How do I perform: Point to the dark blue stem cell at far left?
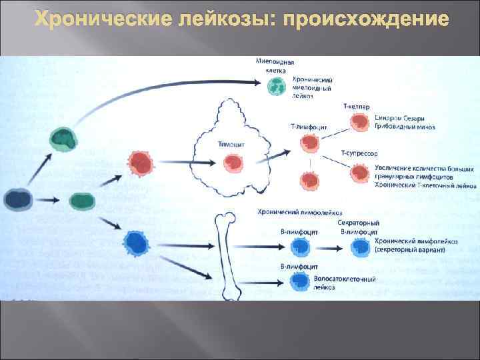pos(18,199)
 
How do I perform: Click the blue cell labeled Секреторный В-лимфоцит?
pos(359,247)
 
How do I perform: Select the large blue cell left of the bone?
pos(137,244)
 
